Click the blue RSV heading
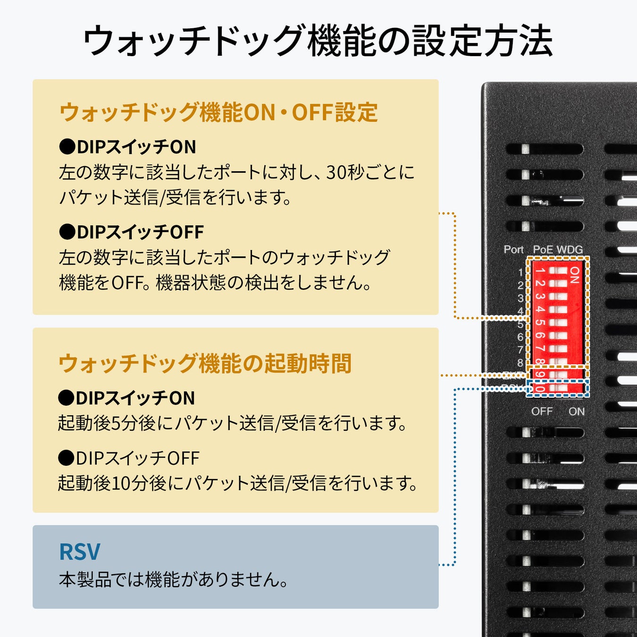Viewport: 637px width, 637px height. click(x=79, y=552)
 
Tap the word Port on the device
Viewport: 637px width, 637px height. click(x=513, y=249)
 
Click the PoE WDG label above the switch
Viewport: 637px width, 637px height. click(x=558, y=249)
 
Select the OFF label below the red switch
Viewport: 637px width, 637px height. click(x=541, y=411)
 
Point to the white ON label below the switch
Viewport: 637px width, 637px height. click(x=576, y=411)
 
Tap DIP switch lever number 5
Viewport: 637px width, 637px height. click(x=558, y=323)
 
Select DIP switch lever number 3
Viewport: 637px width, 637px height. click(x=558, y=297)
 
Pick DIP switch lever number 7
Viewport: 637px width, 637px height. click(x=558, y=349)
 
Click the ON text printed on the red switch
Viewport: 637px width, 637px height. click(x=574, y=275)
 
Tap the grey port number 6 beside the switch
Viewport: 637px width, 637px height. click(x=520, y=337)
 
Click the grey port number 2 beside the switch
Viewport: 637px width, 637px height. click(x=520, y=285)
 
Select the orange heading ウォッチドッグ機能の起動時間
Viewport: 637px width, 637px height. click(x=205, y=364)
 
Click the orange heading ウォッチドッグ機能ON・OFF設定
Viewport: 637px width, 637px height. click(x=218, y=113)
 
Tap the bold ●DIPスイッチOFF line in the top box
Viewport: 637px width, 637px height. click(x=131, y=232)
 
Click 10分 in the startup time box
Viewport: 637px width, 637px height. click(x=129, y=483)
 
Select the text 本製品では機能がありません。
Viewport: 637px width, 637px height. click(x=174, y=579)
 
